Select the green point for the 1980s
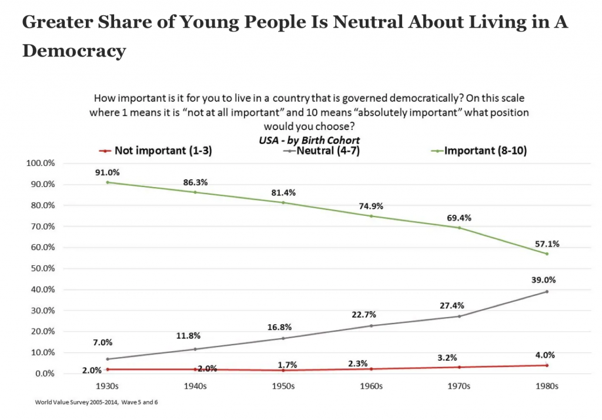tap(547, 254)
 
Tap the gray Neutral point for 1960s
tap(371, 325)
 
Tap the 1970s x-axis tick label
tap(459, 386)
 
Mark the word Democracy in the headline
tap(74, 51)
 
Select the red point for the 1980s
tap(547, 365)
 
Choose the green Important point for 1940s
tap(195, 192)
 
